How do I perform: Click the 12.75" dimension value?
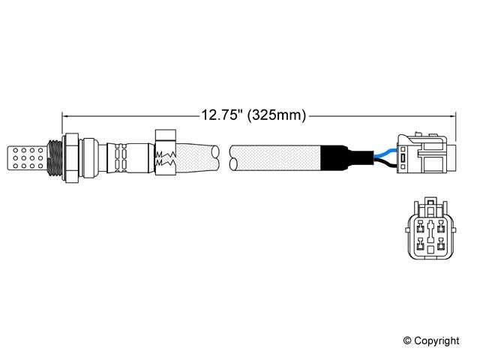pos(222,115)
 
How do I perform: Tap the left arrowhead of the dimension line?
pos(65,115)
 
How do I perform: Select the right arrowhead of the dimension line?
pos(452,115)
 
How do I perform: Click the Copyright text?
pos(432,340)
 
